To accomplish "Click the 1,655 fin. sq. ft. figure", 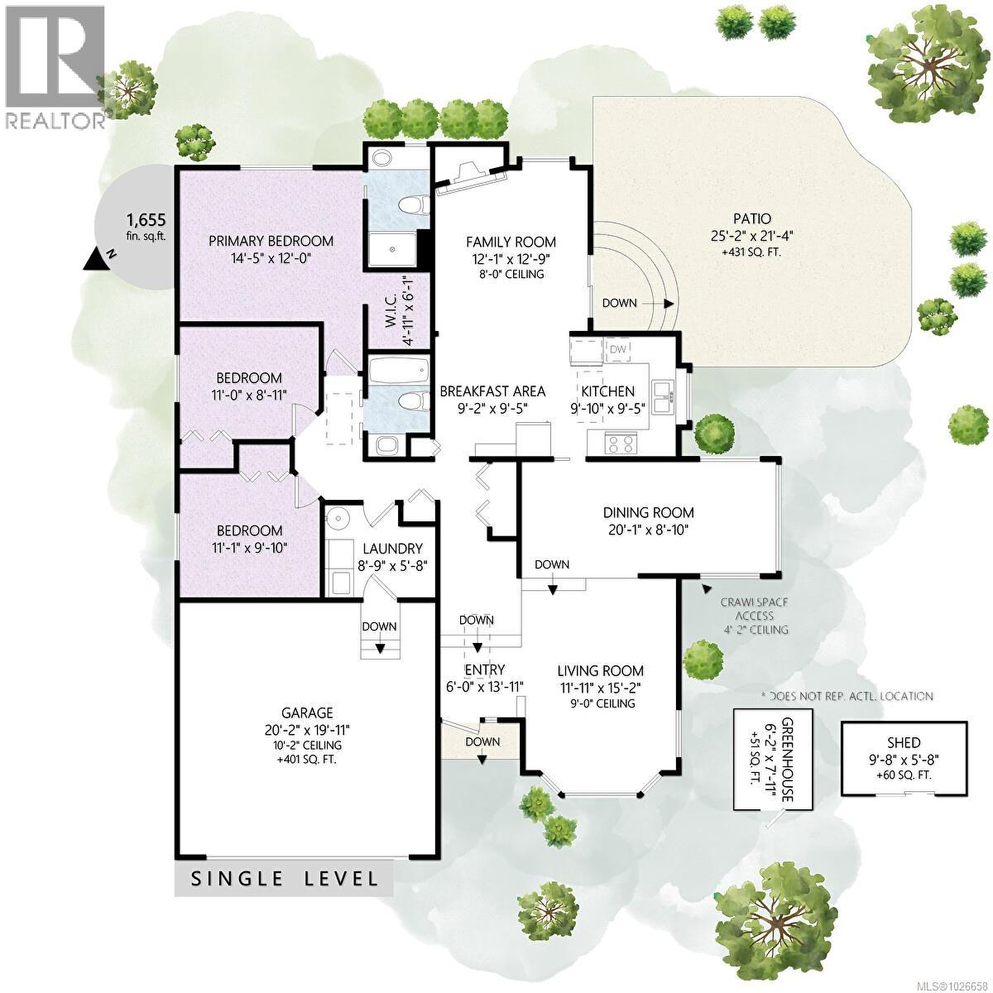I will (x=146, y=220).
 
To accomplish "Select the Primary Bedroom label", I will (x=271, y=241).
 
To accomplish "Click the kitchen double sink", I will (x=663, y=396).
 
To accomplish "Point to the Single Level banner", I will (x=285, y=879).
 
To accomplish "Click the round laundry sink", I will (x=338, y=519).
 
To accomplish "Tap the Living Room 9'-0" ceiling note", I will (x=600, y=703).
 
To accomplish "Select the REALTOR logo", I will (x=54, y=66).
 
